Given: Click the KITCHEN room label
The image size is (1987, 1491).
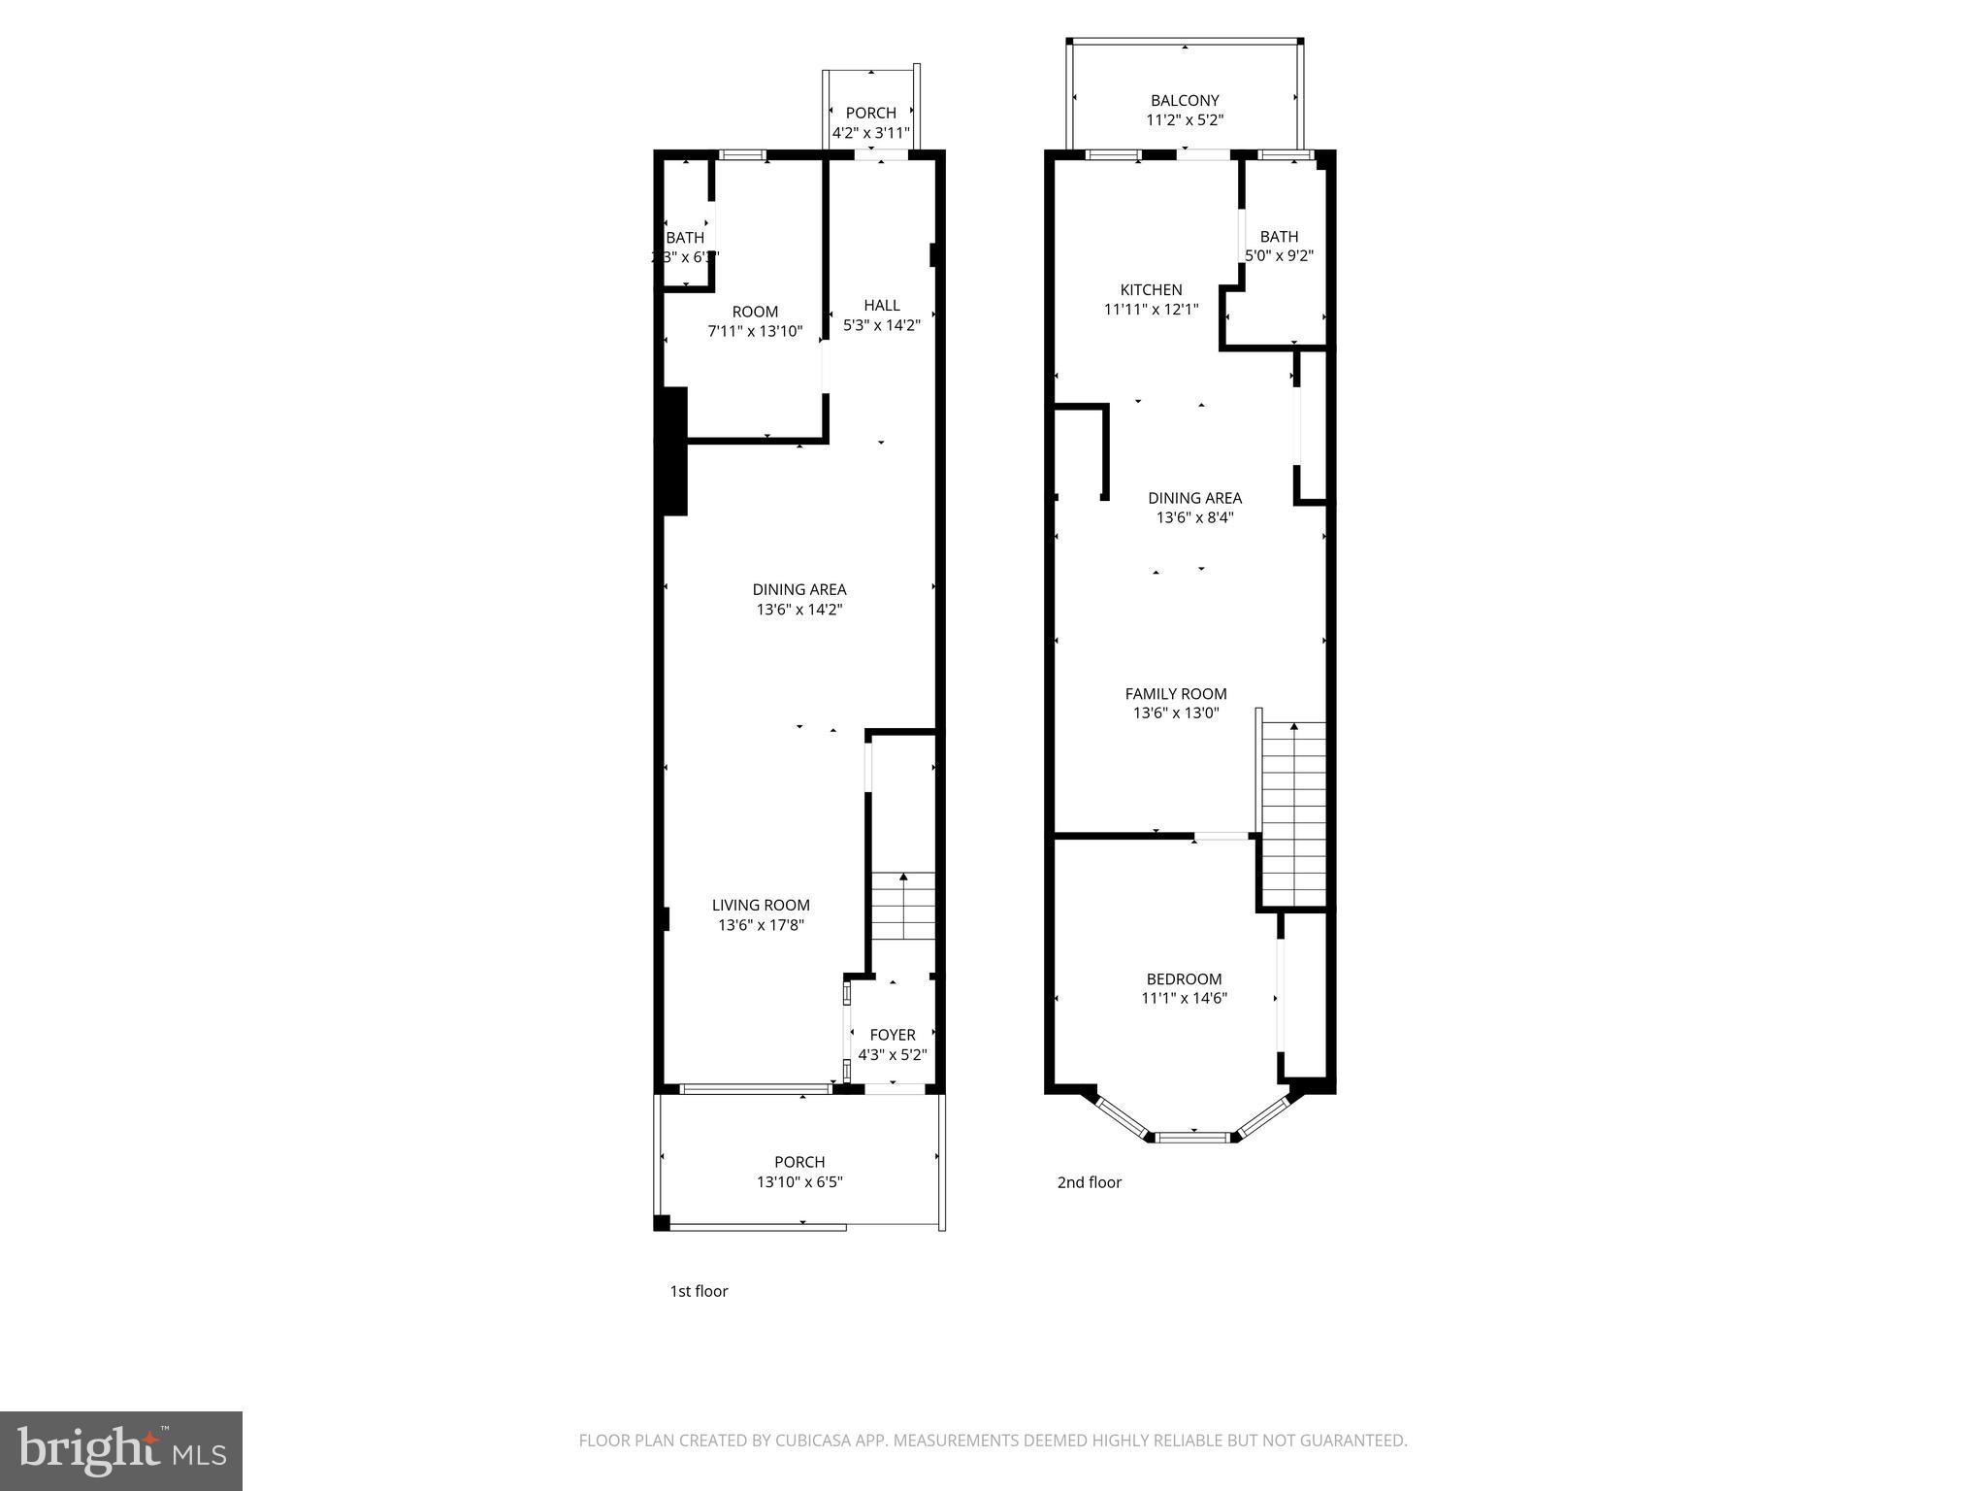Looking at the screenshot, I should click(x=1151, y=289).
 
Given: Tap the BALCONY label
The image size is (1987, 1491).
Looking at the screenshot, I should click(x=1184, y=100).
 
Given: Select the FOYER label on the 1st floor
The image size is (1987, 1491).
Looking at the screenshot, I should click(x=892, y=1035).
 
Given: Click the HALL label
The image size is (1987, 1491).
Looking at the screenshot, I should click(x=881, y=305).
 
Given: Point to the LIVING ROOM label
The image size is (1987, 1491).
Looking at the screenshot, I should click(x=761, y=905).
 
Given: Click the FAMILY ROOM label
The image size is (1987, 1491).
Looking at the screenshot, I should click(x=1175, y=693).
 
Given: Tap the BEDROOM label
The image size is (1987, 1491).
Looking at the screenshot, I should click(x=1184, y=978).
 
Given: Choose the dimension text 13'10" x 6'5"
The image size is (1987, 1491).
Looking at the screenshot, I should click(x=799, y=1182).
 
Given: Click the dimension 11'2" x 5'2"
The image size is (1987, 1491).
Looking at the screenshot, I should click(x=1184, y=120).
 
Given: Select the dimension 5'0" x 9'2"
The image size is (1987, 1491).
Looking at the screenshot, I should click(x=1279, y=256).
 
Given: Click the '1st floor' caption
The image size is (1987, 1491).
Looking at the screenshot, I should click(x=698, y=1291).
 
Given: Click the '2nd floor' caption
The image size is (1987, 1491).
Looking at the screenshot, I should click(x=1089, y=1182).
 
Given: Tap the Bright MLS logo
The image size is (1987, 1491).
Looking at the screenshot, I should click(x=121, y=1450).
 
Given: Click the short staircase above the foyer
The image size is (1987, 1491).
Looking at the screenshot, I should click(x=903, y=906).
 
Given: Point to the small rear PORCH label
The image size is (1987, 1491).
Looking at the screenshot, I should click(x=870, y=113).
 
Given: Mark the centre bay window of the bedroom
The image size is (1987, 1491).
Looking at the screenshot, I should click(x=1193, y=1136).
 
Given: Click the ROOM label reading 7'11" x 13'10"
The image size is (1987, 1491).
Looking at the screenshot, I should click(x=755, y=312).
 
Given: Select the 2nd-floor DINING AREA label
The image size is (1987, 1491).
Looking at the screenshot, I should click(x=1194, y=498).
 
